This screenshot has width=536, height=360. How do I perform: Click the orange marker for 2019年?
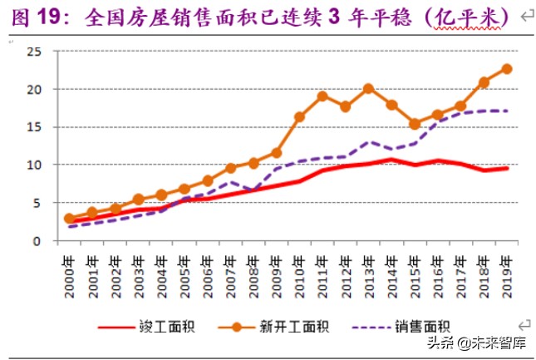[507, 69]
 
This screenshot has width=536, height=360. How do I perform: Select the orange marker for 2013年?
[369, 88]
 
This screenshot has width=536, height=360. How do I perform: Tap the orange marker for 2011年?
[322, 96]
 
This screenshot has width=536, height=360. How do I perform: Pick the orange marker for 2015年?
[415, 124]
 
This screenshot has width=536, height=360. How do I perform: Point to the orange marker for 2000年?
[70, 219]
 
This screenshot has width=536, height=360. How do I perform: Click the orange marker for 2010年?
[300, 116]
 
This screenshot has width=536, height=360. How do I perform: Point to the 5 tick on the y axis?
[37, 203]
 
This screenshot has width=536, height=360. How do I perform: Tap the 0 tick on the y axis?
[37, 241]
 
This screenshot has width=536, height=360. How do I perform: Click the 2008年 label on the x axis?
[253, 271]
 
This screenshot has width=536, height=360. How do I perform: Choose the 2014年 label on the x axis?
[391, 271]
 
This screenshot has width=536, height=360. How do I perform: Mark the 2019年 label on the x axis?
[506, 271]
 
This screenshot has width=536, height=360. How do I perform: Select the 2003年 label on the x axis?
[139, 271]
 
